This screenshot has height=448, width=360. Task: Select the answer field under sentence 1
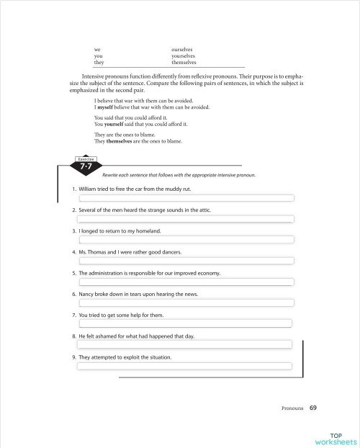(186, 198)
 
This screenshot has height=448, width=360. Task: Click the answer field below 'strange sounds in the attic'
(186, 219)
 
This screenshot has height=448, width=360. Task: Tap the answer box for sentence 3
(186, 240)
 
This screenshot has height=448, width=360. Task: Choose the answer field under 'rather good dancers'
(186, 261)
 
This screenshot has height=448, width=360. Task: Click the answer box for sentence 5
(186, 282)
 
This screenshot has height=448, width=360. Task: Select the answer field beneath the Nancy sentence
(186, 303)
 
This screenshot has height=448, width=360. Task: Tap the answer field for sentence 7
(185, 323)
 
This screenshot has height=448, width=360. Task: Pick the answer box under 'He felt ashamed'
(185, 344)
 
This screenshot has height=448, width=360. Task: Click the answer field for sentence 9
(185, 365)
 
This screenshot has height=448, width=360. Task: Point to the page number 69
(312, 408)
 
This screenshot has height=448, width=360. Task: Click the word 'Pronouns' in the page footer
(292, 408)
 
